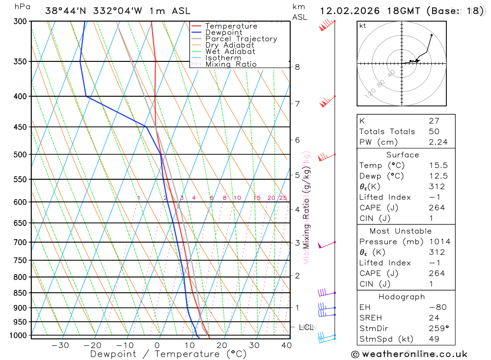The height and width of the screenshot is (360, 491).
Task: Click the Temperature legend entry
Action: (231, 26)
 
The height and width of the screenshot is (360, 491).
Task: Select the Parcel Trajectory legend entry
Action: (241, 39)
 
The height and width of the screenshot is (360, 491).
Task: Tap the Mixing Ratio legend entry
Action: (231, 64)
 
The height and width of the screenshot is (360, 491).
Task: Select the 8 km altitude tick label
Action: (298, 67)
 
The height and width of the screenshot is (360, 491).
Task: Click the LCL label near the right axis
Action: (306, 327)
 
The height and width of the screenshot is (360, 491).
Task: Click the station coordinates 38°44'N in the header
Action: (67, 11)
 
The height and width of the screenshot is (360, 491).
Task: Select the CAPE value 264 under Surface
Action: (436, 208)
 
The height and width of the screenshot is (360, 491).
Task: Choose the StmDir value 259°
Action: (436, 329)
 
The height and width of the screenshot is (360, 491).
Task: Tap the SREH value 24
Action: (434, 318)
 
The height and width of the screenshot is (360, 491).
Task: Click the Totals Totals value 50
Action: (434, 131)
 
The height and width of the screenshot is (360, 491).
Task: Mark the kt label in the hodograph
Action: (363, 26)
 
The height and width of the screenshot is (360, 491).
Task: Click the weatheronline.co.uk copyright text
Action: (409, 354)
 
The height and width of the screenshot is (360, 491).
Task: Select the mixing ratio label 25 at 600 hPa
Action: (283, 198)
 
